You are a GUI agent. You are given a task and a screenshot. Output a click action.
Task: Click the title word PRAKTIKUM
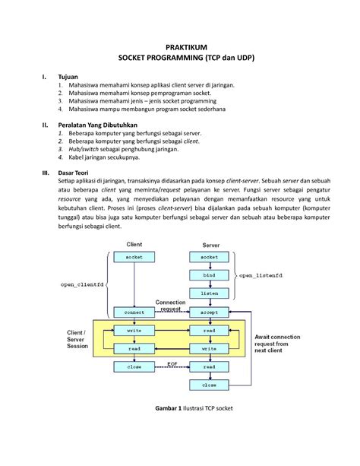180,47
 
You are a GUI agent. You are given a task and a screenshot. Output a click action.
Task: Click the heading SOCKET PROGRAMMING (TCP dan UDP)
180,59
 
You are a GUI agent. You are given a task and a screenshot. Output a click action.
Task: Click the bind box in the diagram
209,274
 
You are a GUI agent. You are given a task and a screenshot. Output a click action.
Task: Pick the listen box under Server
209,292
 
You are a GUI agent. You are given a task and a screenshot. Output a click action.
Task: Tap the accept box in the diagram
209,312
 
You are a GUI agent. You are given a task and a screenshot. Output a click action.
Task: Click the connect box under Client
133,312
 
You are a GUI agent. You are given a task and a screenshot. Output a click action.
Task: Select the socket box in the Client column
133,257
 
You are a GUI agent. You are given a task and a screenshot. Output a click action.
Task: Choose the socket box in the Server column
209,257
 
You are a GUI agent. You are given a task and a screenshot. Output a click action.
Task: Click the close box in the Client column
133,366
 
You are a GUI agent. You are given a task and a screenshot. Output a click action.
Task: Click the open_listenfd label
263,274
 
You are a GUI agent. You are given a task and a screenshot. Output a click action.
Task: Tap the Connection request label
171,304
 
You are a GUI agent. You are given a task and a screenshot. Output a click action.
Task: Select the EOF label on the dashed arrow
172,363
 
